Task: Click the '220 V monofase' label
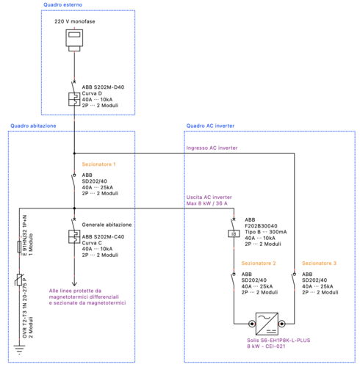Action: coord(74,22)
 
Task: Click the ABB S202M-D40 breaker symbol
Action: coord(74,100)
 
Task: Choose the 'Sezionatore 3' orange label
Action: coord(319,263)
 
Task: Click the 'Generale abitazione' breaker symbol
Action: coord(74,237)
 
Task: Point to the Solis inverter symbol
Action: coord(262,324)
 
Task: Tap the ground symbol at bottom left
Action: coord(18,349)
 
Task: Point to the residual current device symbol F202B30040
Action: coord(233,235)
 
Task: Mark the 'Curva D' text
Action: coord(93,93)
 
